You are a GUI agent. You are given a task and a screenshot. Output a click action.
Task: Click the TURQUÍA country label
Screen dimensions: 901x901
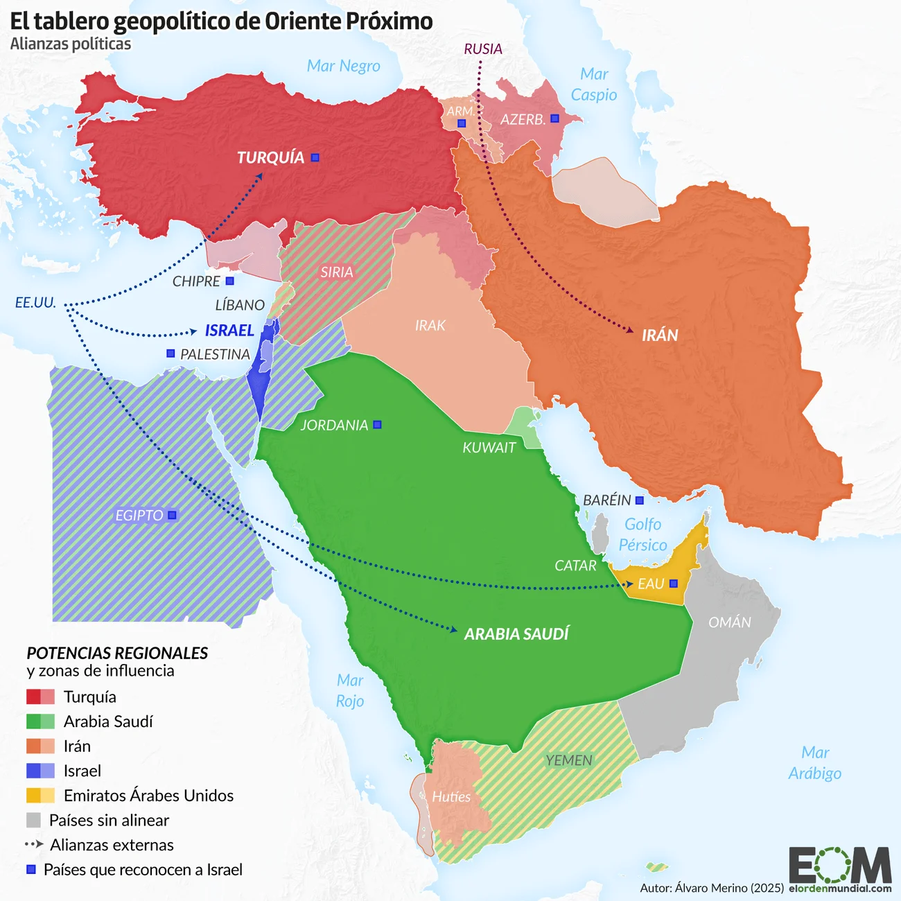pos(270,157)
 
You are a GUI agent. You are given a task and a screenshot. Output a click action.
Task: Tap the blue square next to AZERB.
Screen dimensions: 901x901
pos(554,119)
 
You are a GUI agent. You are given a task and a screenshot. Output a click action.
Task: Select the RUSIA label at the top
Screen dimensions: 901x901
pos(483,49)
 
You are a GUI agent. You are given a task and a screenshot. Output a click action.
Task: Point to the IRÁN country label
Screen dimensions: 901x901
pos(660,335)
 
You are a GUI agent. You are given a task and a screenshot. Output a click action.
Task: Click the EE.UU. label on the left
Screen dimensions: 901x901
pos(35,303)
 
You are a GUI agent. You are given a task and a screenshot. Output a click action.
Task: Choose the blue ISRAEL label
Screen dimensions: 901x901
pos(229,331)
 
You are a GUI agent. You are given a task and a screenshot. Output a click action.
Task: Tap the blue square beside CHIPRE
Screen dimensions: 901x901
pos(230,281)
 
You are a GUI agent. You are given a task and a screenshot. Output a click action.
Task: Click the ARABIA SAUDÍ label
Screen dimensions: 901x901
pos(516,634)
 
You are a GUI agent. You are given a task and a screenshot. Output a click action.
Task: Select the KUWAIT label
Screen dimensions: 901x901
pos(489,448)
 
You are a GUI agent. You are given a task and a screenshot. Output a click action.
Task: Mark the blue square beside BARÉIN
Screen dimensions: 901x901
pos(640,500)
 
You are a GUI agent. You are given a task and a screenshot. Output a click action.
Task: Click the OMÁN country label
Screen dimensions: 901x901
pos(729,622)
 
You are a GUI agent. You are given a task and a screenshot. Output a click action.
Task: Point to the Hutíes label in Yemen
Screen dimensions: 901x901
pos(451,797)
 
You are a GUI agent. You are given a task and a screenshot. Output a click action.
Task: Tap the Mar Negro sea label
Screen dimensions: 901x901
pos(343,66)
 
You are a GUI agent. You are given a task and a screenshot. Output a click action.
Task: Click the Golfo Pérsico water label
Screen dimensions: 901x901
pos(642,534)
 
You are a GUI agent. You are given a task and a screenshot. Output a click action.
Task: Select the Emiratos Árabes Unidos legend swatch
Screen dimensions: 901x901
pos(40,795)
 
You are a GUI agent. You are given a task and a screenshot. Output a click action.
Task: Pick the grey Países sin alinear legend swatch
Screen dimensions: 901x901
pos(33,820)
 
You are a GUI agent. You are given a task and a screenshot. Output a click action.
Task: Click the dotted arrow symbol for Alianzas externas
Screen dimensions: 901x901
pos(34,844)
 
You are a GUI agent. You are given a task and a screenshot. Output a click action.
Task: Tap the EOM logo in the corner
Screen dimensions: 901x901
pos(839,866)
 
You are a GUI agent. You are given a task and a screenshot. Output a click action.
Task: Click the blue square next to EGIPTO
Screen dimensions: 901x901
pos(173,515)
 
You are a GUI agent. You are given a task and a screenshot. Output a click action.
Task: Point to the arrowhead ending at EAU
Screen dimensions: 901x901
pos(628,585)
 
